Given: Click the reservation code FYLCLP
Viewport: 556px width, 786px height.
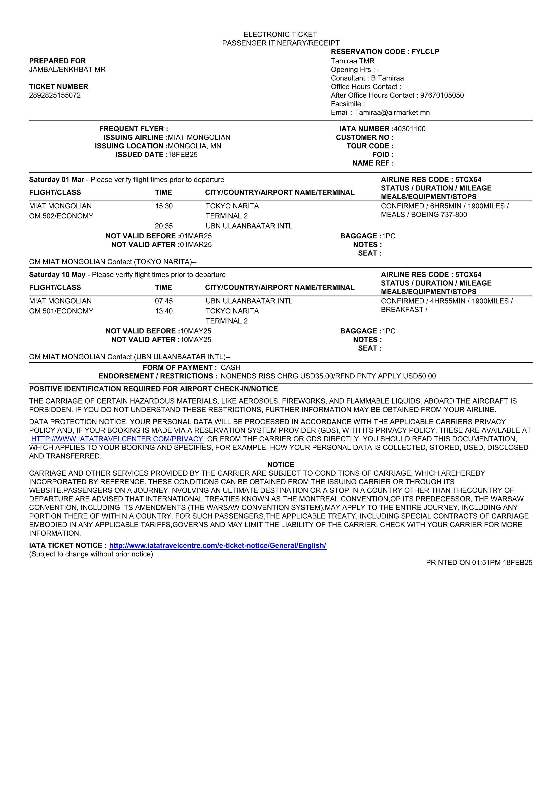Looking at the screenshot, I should pyautogui.click(x=425, y=52).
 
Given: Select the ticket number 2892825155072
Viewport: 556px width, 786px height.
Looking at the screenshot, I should pyautogui.click(x=55, y=95).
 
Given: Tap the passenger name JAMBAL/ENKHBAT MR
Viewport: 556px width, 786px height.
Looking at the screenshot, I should pyautogui.click(x=67, y=69).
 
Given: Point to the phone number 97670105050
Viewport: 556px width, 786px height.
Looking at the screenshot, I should pyautogui.click(x=442, y=95).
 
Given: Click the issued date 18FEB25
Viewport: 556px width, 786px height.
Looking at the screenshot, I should pyautogui.click(x=183, y=155).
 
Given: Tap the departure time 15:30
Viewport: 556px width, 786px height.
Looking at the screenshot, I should pyautogui.click(x=164, y=206).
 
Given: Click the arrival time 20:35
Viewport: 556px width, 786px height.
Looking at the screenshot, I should pyautogui.click(x=164, y=226).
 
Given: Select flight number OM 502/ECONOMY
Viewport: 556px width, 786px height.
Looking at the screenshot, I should pyautogui.click(x=61, y=216).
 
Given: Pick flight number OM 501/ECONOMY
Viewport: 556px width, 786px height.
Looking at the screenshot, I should pyautogui.click(x=61, y=311).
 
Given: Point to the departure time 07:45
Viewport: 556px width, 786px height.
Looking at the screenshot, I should pyautogui.click(x=164, y=301).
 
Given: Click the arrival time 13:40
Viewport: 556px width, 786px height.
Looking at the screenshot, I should pyautogui.click(x=164, y=311).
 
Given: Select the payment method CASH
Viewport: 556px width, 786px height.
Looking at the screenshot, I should pyautogui.click(x=231, y=368).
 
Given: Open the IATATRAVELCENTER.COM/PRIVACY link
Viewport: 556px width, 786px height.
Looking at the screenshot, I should pyautogui.click(x=117, y=439).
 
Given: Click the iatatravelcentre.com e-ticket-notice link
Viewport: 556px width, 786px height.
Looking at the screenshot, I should pyautogui.click(x=218, y=546).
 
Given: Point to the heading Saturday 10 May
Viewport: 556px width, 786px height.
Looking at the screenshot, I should pyautogui.click(x=57, y=275).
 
